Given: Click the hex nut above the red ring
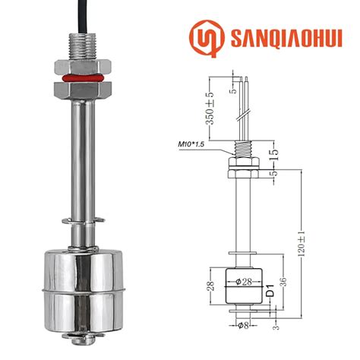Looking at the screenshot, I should pos(78,65).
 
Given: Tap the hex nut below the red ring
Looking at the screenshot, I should pos(78,89).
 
